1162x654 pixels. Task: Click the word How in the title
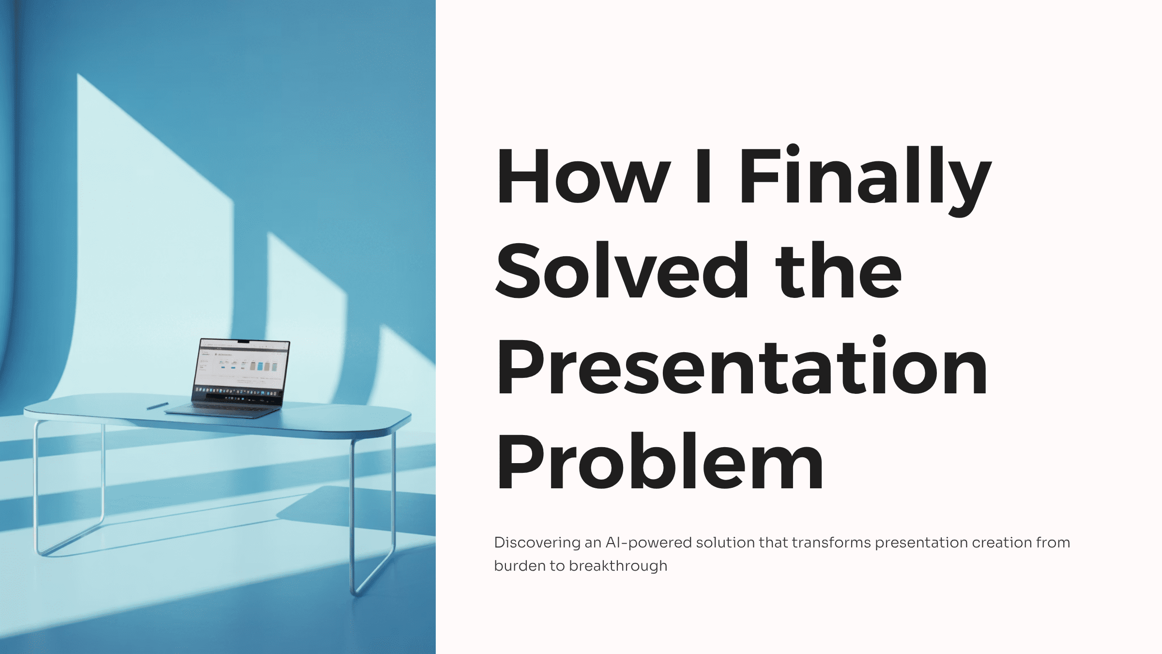pos(583,176)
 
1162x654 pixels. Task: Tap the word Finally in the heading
pos(865,180)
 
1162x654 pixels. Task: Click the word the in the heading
pos(839,270)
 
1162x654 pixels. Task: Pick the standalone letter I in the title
pos(703,176)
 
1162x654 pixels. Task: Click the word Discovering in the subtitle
pos(537,543)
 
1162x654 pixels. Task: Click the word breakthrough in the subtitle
pos(618,566)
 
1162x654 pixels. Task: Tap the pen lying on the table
pos(157,406)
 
